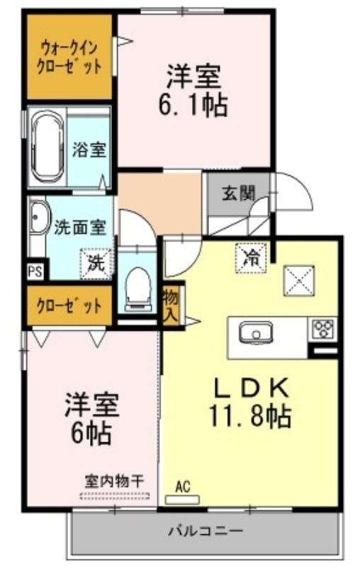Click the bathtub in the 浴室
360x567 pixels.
[46, 149]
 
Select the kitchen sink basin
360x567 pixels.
[256, 332]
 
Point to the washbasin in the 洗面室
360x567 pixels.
[38, 217]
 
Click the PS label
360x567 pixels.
[35, 271]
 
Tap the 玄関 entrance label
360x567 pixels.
[238, 193]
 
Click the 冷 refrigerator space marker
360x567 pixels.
[251, 257]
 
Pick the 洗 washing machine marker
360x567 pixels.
[96, 264]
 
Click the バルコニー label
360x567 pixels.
[206, 531]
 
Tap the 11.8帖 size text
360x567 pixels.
[250, 417]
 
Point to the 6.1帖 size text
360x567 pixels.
[193, 105]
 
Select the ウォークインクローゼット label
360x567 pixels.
[69, 57]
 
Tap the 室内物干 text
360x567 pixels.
[115, 481]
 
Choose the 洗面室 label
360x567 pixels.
[80, 228]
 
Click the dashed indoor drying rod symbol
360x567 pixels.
[115, 496]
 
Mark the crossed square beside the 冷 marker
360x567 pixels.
[298, 280]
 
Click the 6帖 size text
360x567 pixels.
[91, 434]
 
